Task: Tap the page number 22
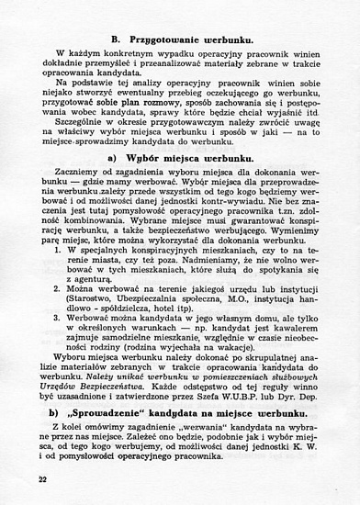(43, 478)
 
